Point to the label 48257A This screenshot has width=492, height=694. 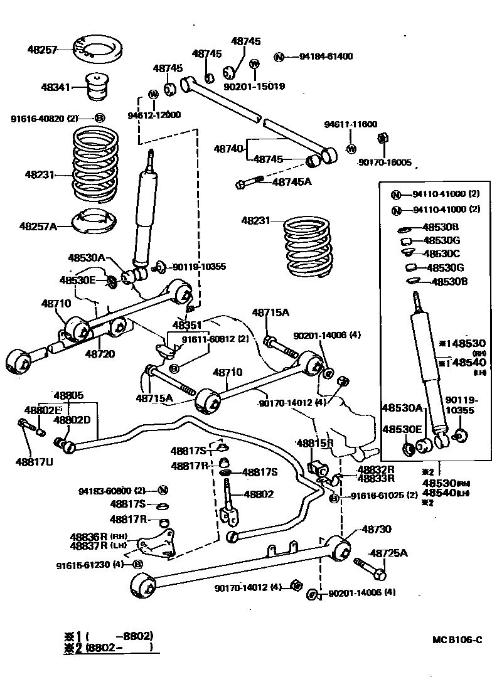coord(38,225)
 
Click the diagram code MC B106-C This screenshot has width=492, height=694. coord(457,640)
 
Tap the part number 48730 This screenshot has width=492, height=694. coord(376,529)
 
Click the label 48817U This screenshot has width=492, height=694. coord(35,462)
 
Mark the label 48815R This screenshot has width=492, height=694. coord(314,444)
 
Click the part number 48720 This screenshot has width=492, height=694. coord(100,354)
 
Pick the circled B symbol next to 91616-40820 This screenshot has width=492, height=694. coord(99,118)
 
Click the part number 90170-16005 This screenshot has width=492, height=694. coord(385,163)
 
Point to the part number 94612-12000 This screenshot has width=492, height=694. coord(154,115)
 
